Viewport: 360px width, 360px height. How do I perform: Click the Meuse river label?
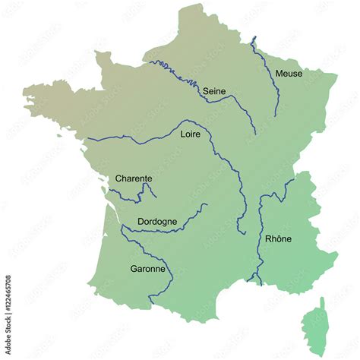(289, 74)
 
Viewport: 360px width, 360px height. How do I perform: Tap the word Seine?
(214, 91)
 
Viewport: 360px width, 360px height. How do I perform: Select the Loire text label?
(191, 134)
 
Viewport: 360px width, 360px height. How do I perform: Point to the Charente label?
(134, 178)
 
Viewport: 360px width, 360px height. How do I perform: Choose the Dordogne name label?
(157, 222)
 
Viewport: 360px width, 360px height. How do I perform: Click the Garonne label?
(147, 268)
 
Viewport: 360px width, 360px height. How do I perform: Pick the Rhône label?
(278, 238)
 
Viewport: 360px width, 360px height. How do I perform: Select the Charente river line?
(137, 199)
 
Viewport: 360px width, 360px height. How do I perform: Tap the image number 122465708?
(8, 303)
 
